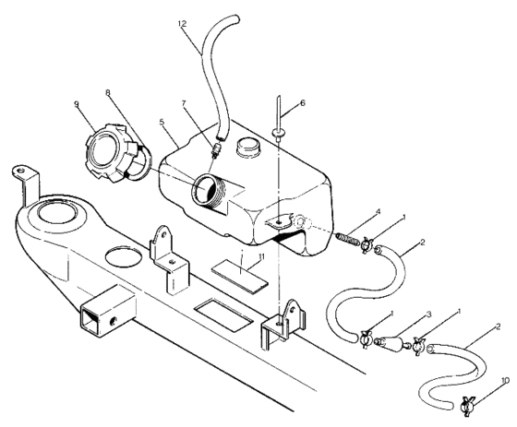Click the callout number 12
coord(183,21)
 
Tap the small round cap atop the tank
coord(249,148)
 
